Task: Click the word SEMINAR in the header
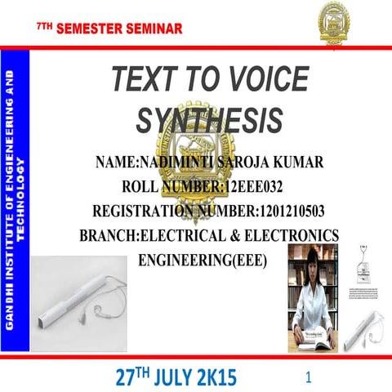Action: tap(152, 30)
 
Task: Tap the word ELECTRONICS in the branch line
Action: tap(289, 236)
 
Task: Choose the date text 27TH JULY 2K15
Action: tap(175, 376)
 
